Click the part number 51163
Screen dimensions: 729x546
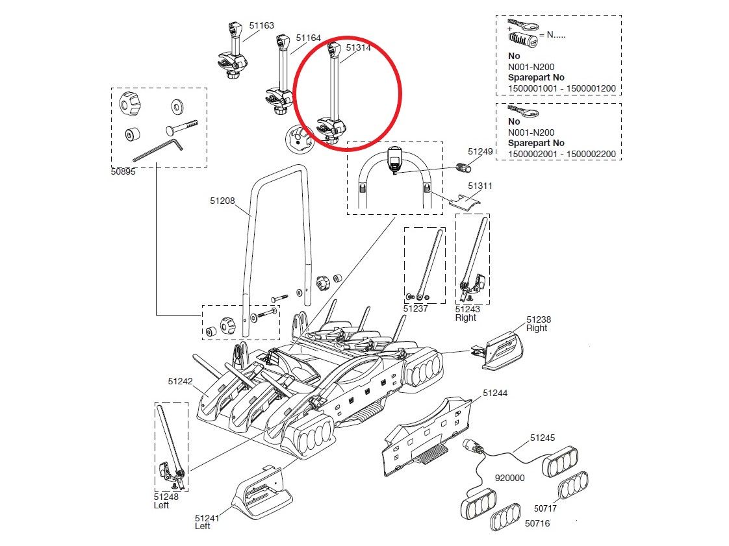[x=262, y=25]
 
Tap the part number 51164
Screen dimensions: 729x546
[x=308, y=38]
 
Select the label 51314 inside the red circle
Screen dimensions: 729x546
[x=359, y=48]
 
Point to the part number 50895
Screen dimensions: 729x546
[x=123, y=171]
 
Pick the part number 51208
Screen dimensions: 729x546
[x=222, y=201]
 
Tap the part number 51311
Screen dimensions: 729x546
[x=480, y=186]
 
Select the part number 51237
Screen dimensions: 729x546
[x=416, y=308]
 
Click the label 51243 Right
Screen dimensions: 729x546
[x=468, y=313]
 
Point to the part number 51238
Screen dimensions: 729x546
[x=539, y=319]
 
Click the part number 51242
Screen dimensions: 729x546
[x=181, y=382]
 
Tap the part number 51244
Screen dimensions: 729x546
[x=495, y=393]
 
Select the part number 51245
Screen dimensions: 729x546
[x=543, y=438]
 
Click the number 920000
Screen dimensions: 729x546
[x=510, y=478]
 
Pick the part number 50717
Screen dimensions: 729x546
[x=545, y=508]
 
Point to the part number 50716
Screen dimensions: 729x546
[x=537, y=523]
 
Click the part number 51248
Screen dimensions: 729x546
[x=166, y=497]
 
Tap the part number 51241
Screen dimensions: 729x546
[x=207, y=518]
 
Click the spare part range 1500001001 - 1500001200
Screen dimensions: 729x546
[x=561, y=88]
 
